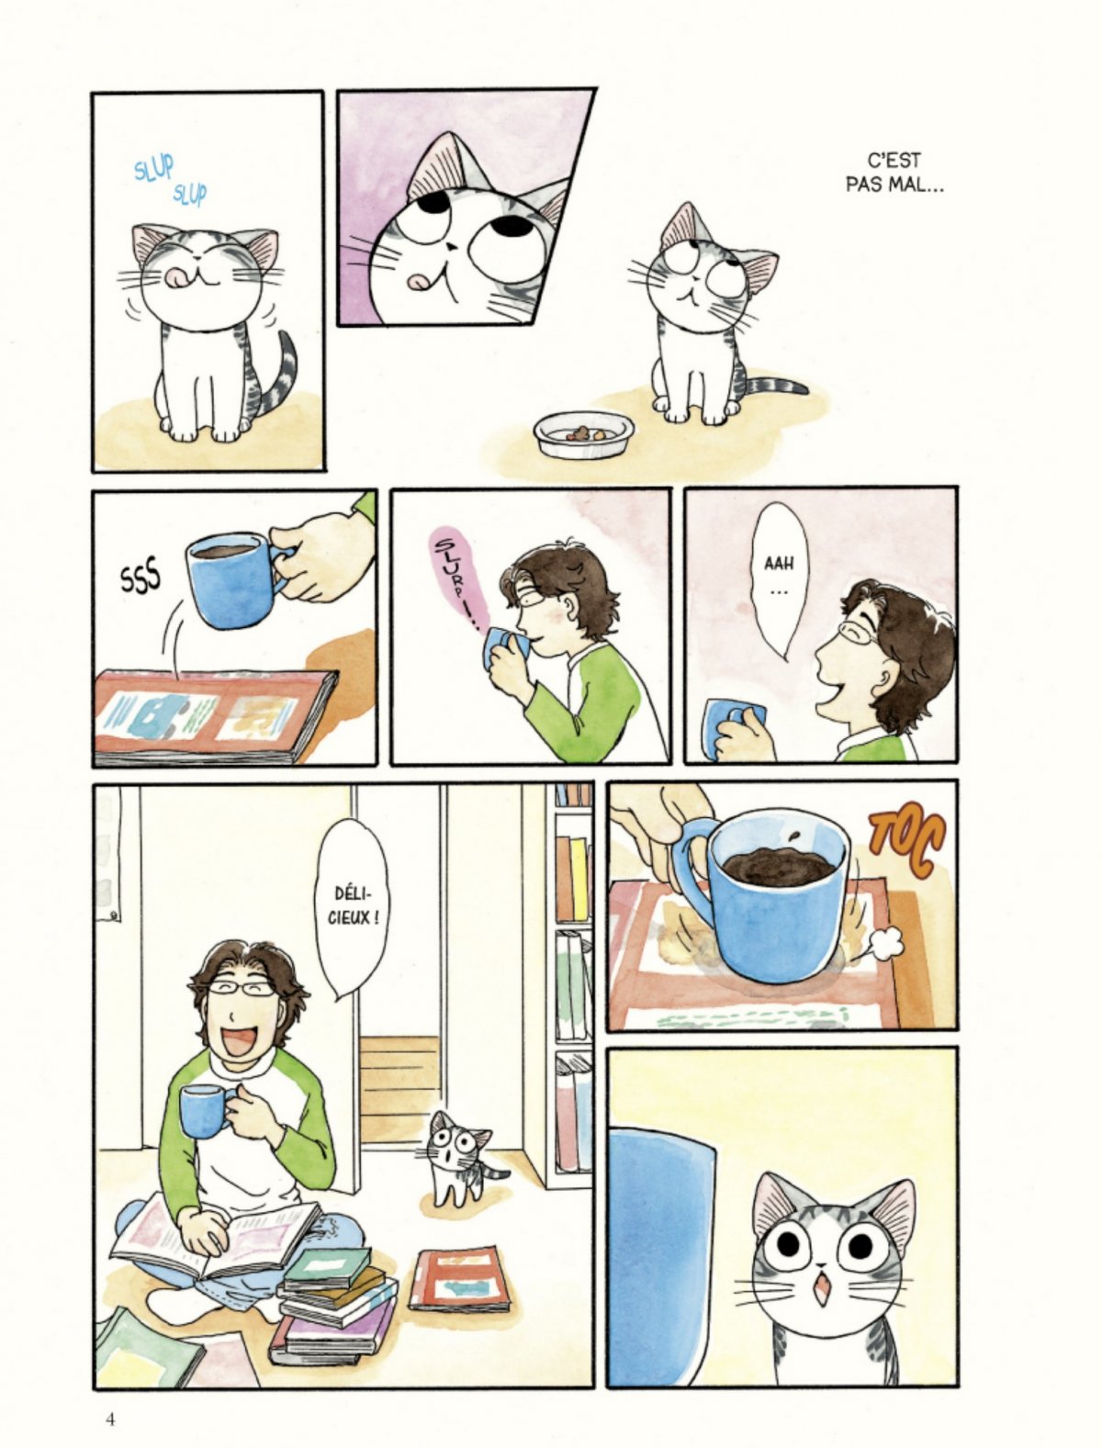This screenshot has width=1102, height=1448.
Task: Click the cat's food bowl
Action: click(584, 434)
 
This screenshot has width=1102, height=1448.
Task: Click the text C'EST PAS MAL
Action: click(894, 173)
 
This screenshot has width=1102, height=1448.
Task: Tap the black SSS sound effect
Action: click(140, 582)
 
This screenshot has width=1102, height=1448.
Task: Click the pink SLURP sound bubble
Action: click(460, 578)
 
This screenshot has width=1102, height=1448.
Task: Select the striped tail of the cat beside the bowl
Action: click(776, 386)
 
